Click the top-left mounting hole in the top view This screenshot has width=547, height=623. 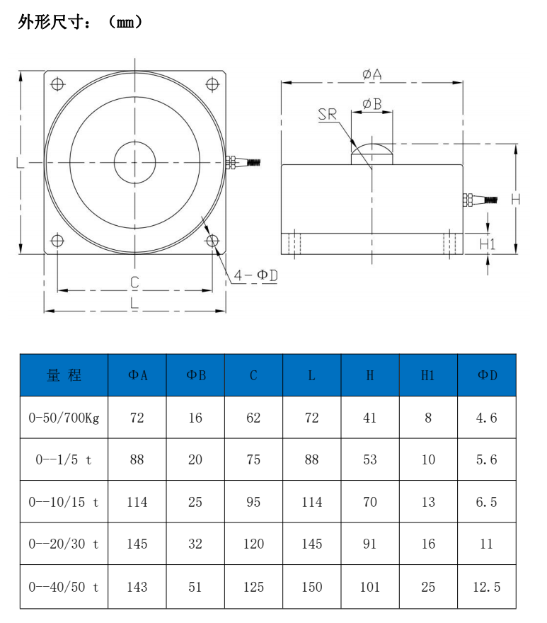click(x=57, y=84)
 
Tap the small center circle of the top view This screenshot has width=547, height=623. click(x=134, y=162)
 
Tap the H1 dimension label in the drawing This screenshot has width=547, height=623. click(x=488, y=244)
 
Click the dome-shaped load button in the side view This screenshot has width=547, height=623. click(x=372, y=154)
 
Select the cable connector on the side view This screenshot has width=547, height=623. click(x=478, y=200)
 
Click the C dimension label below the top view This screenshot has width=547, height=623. click(x=134, y=282)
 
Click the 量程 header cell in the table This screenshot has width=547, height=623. click(x=64, y=375)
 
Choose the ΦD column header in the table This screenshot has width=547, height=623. click(x=487, y=375)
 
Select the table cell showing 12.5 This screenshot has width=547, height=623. click(x=487, y=587)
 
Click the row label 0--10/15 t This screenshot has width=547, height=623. click(x=64, y=502)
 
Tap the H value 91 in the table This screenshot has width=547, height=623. click(x=370, y=544)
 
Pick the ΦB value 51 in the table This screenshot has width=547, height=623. click(x=195, y=587)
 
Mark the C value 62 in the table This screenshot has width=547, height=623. click(x=253, y=418)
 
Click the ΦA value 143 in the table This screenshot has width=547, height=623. click(x=137, y=587)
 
